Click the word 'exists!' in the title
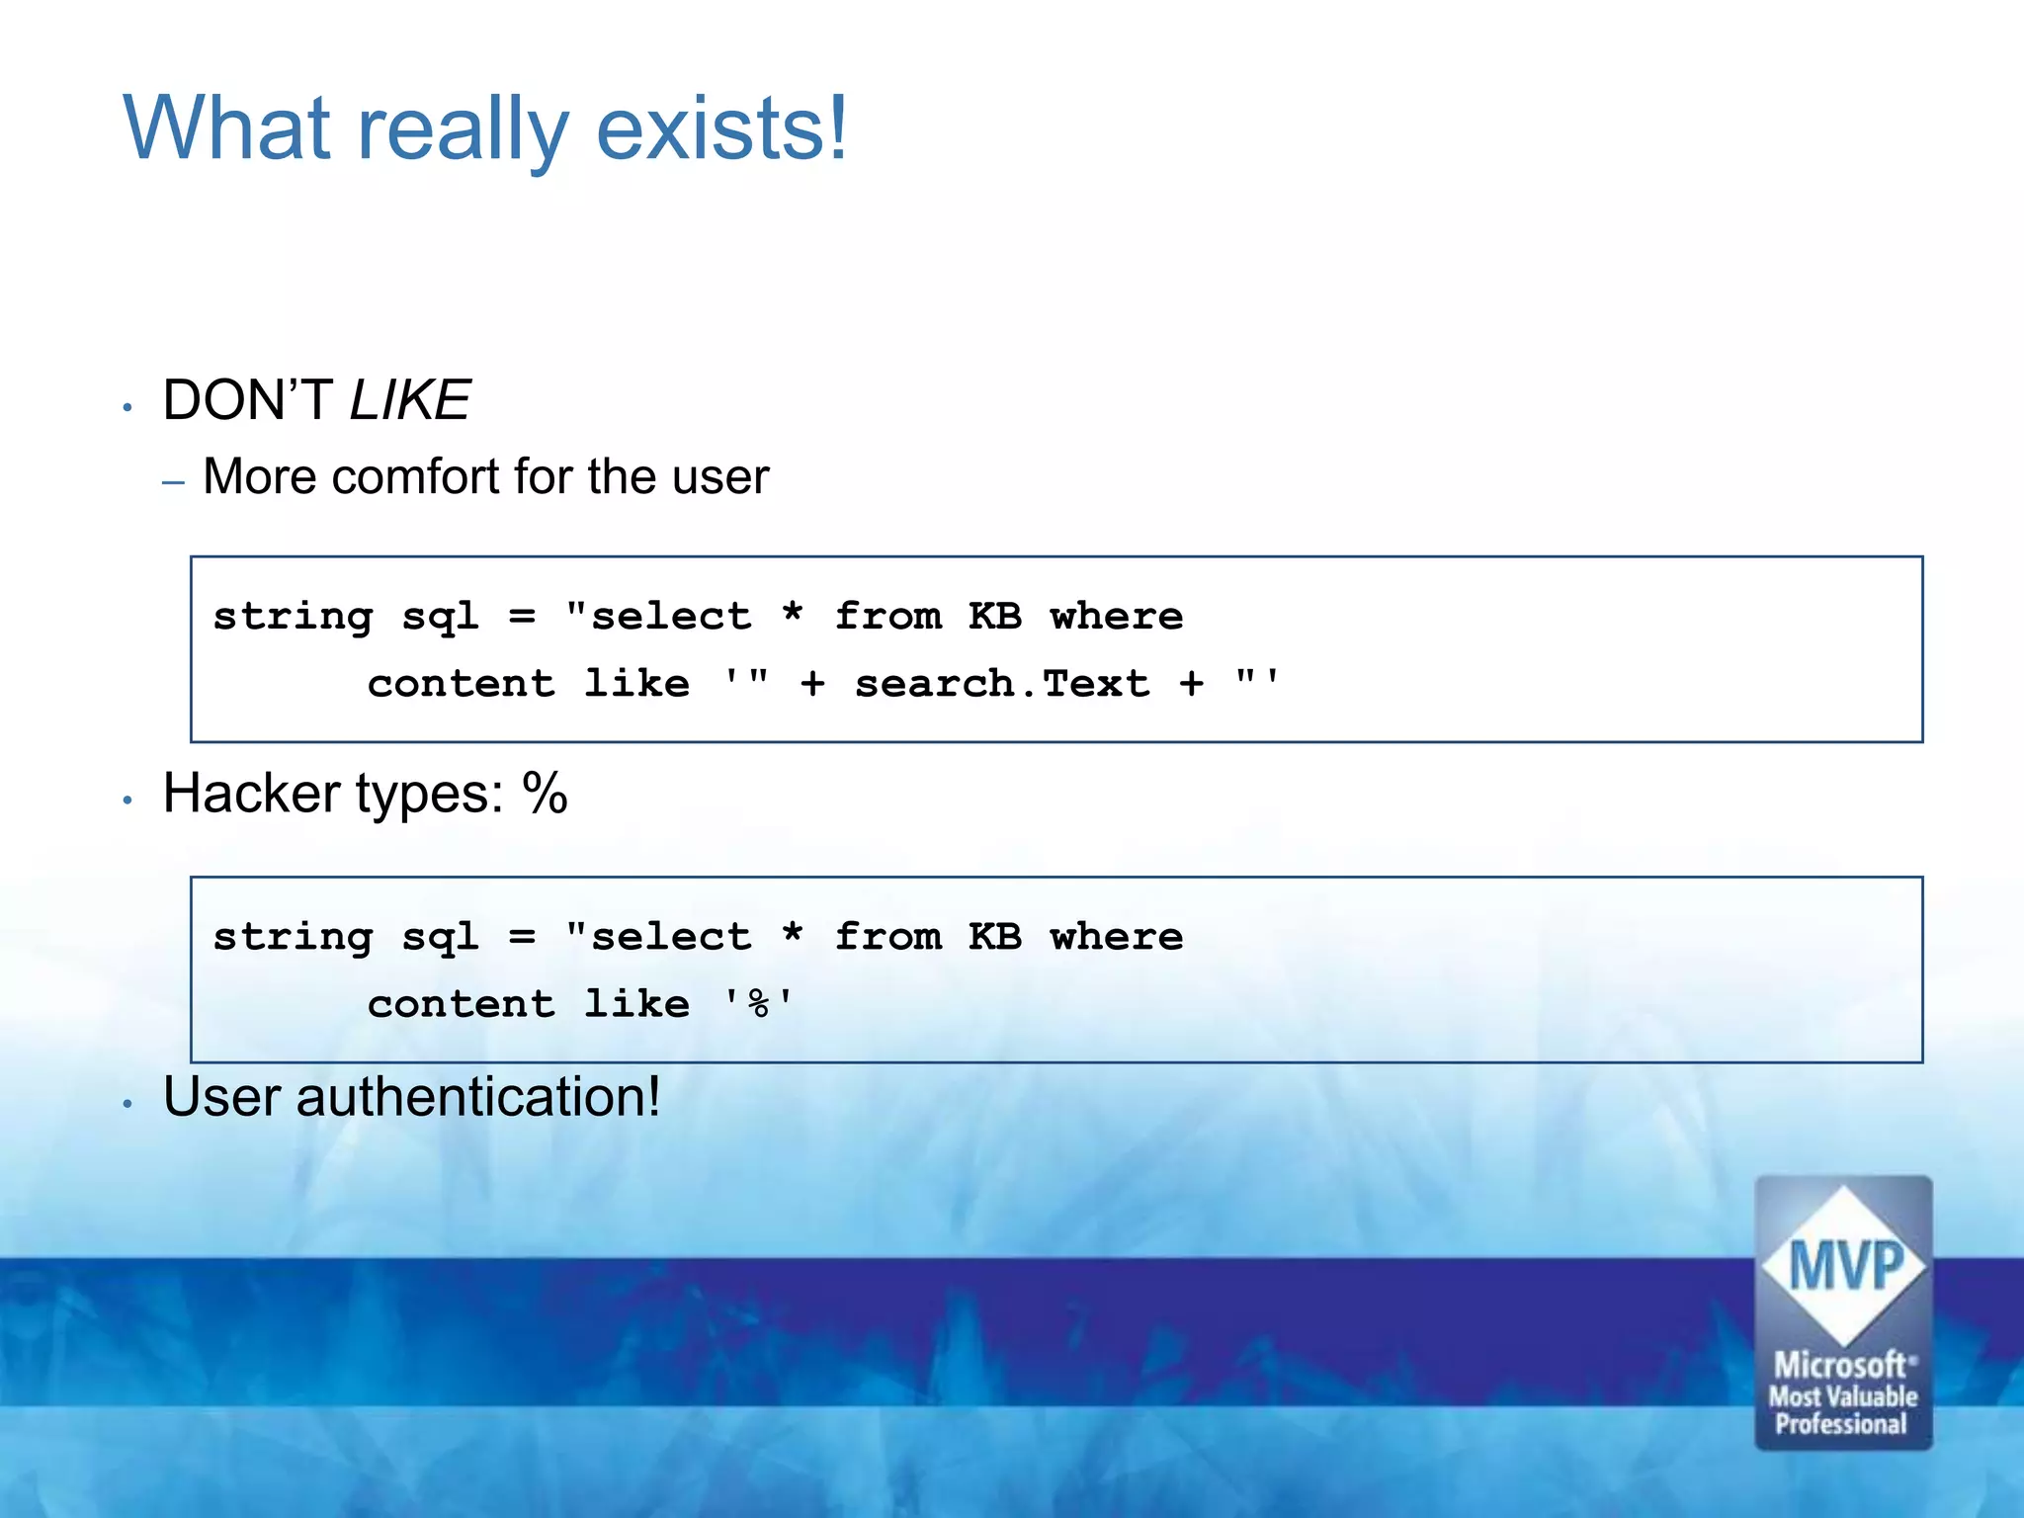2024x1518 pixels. click(721, 128)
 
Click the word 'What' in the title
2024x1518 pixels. click(226, 128)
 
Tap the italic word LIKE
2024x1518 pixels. click(409, 400)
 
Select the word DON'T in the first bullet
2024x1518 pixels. click(247, 400)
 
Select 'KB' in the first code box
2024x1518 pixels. click(994, 617)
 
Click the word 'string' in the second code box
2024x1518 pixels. click(294, 938)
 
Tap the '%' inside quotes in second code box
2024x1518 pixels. click(759, 1004)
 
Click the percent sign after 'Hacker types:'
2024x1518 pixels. click(546, 794)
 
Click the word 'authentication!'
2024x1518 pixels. click(478, 1097)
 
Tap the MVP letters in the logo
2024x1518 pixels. click(1844, 1266)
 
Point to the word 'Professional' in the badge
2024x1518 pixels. click(1840, 1424)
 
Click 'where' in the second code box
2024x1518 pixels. click(1117, 937)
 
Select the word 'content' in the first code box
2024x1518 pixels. click(462, 684)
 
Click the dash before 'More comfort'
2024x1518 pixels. click(174, 482)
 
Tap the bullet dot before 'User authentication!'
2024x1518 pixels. click(127, 1104)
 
